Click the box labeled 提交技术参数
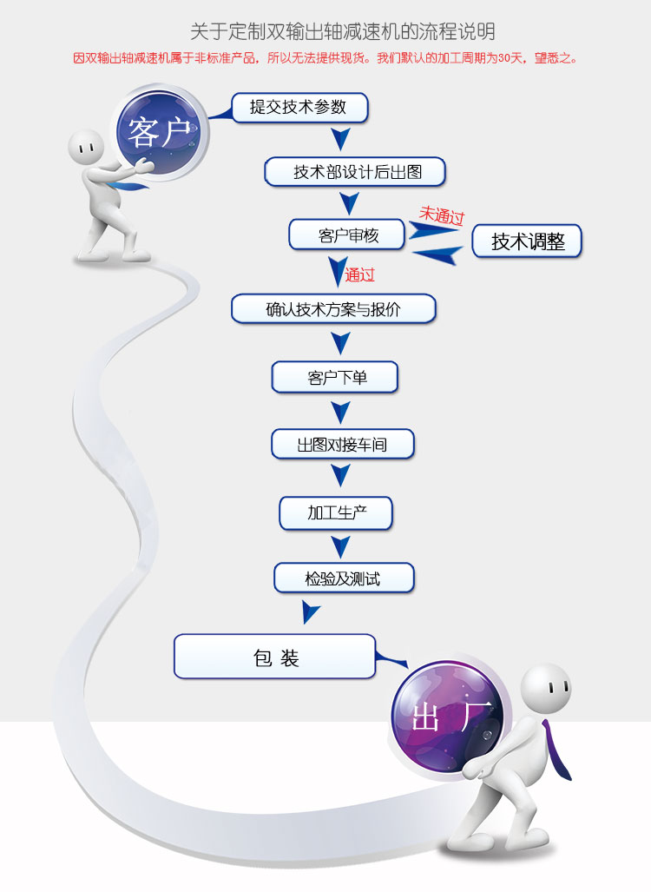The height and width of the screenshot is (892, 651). pos(299,107)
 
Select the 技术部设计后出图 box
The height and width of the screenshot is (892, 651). pos(355,172)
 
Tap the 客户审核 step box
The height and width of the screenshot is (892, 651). pos(346,235)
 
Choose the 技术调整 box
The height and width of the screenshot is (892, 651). pos(527,241)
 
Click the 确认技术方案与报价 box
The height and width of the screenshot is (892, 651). pos(333,308)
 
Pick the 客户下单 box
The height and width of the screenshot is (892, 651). pos(335,377)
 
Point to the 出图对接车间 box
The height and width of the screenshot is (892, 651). pos(342,445)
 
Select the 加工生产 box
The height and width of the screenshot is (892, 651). pos(336,512)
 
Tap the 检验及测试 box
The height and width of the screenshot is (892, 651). pos(344,578)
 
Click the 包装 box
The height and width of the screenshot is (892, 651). pos(275,657)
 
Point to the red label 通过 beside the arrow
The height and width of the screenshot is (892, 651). pos(359,274)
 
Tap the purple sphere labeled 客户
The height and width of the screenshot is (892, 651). pos(162,134)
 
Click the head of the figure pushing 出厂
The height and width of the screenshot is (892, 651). pos(548,689)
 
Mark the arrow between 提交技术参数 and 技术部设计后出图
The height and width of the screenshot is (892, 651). pos(341,139)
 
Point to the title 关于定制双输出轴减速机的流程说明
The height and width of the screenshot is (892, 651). pos(343,32)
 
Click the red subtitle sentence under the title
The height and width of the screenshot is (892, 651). pos(325,59)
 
